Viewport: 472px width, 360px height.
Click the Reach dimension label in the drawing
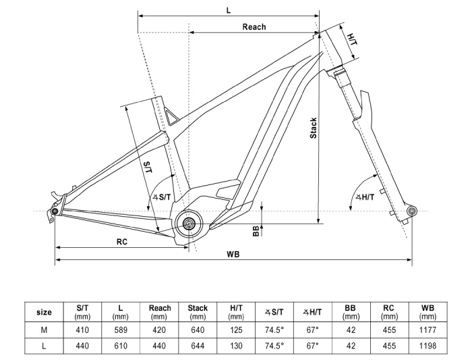(x=254, y=27)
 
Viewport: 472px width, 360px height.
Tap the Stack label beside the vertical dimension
(x=314, y=128)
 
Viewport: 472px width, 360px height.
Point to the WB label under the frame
(x=233, y=255)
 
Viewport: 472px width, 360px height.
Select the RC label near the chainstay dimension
(x=122, y=242)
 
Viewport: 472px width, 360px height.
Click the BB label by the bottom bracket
(x=256, y=231)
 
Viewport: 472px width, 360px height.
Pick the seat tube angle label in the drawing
(x=162, y=197)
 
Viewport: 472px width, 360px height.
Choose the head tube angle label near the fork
(x=365, y=197)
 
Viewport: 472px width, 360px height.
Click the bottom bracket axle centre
(x=189, y=224)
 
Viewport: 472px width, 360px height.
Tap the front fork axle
(x=411, y=211)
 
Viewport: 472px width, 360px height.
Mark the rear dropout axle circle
(x=55, y=211)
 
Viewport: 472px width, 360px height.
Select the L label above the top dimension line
(x=229, y=11)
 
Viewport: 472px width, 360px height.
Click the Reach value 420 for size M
(x=159, y=330)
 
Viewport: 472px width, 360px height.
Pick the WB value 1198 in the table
(x=427, y=346)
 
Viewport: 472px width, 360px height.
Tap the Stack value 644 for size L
(x=198, y=346)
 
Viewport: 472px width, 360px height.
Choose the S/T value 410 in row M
(x=82, y=330)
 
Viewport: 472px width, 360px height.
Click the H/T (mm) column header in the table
(x=236, y=312)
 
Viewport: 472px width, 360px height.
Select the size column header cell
(x=44, y=312)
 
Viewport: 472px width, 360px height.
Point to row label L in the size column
(x=44, y=346)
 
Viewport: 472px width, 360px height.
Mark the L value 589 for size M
(x=121, y=330)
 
